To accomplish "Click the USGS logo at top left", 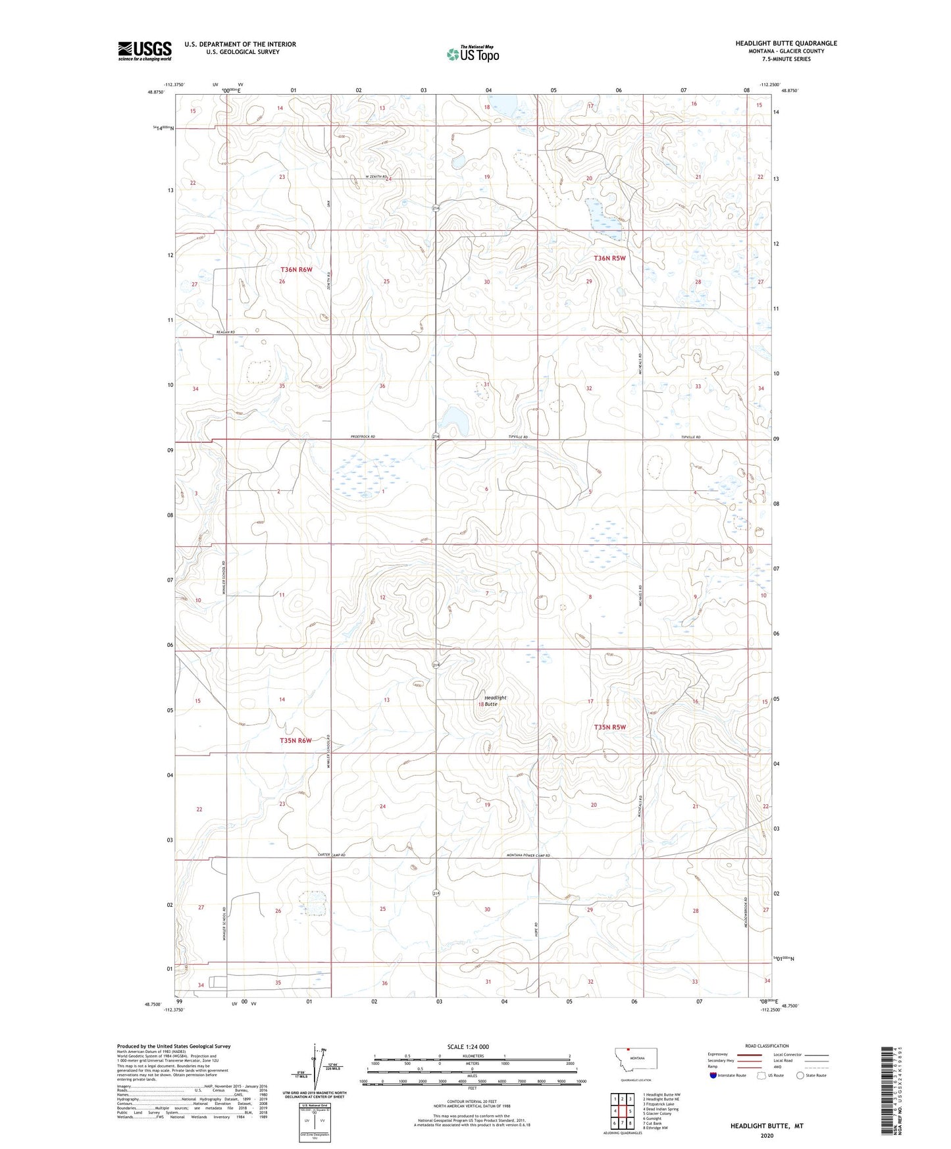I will point(145,51).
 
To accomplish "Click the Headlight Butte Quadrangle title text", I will point(786,43).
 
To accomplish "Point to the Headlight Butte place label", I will point(495,700).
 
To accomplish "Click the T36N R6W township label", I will point(296,270).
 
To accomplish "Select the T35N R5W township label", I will point(609,727).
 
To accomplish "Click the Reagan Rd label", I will point(225,332).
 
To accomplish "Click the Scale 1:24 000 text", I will point(468,1046).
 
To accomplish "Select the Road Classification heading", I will point(767,1046).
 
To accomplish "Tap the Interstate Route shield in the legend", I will point(713,1075).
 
